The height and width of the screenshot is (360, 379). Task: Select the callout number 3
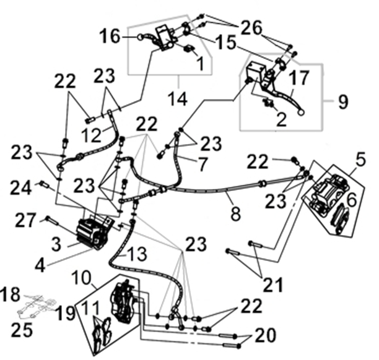coord(56,244)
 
